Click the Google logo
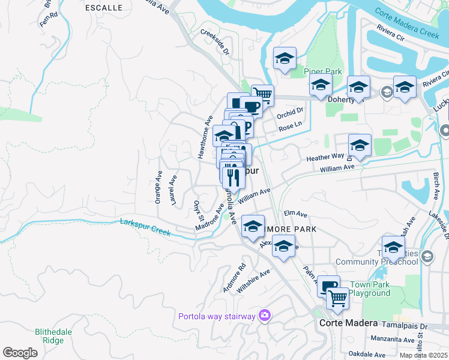pos(20,353)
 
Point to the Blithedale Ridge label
pos(54,335)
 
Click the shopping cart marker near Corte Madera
pos(337,297)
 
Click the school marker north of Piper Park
pos(285,59)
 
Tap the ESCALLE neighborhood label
pos(103,8)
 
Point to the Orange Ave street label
pos(158,187)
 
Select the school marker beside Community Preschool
pos(393,247)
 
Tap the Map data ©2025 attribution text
pos(423,355)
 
